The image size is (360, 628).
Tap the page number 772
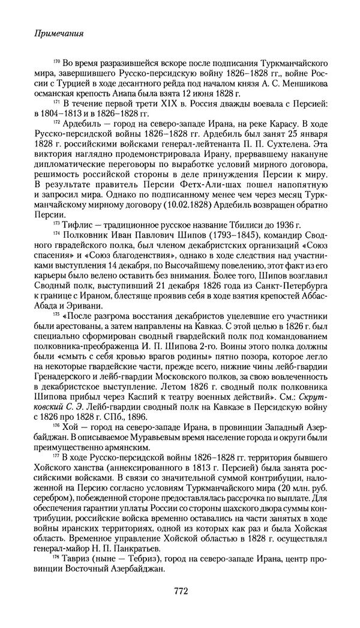point(181,591)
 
